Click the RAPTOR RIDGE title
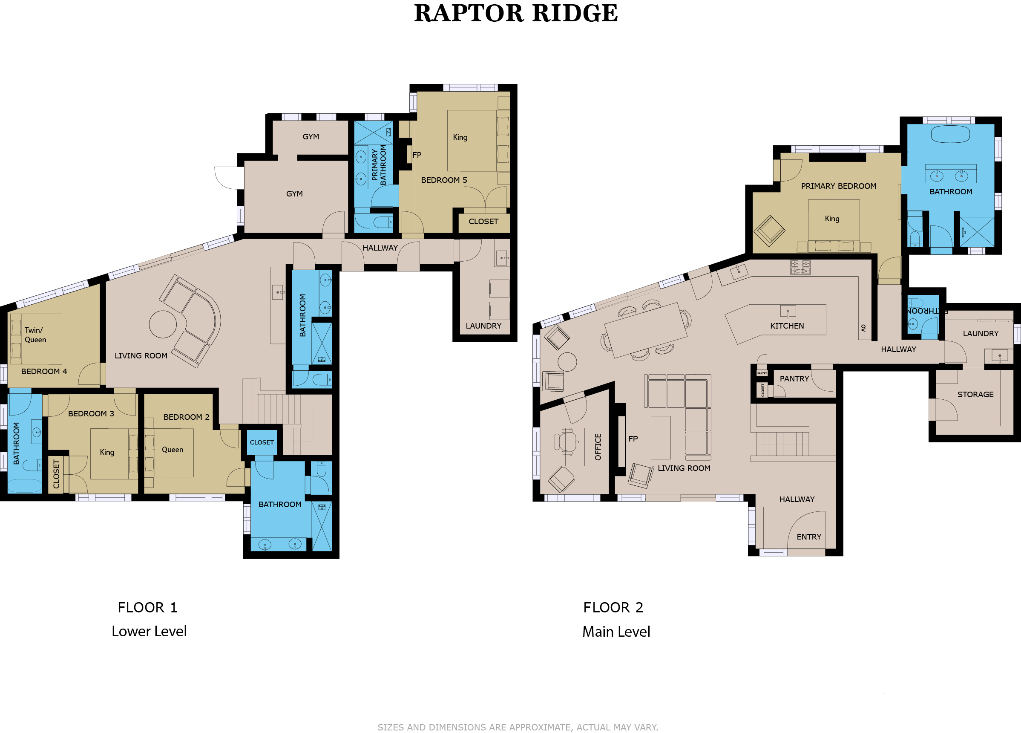[516, 13]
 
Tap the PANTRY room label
[794, 379]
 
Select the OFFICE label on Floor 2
[598, 447]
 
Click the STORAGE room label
[975, 395]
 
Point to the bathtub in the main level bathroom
[950, 134]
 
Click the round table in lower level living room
[163, 324]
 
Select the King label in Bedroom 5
[460, 137]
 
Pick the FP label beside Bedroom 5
[417, 156]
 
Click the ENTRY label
[809, 537]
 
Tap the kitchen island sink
[788, 311]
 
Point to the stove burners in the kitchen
[800, 267]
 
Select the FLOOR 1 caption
[148, 608]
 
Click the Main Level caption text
[616, 632]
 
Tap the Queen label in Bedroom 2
[173, 450]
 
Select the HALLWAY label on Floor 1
[380, 248]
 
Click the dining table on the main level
[646, 331]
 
